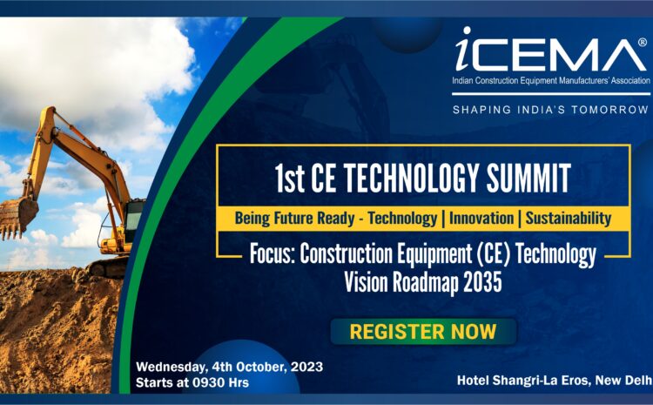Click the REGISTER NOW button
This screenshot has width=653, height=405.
point(423,332)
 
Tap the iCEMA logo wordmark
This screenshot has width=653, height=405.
point(550,50)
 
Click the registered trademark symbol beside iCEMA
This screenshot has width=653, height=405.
point(643,42)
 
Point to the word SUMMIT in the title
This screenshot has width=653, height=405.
point(528,178)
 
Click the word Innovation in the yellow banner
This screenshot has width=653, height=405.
point(481,219)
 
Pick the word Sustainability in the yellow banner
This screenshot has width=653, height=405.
point(568,219)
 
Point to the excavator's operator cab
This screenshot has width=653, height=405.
point(133,223)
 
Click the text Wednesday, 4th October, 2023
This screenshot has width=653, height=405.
point(230,367)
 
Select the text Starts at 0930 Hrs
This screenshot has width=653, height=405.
point(192,382)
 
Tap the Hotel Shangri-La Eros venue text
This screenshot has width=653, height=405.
point(555,381)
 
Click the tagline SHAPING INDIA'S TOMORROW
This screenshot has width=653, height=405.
point(550,110)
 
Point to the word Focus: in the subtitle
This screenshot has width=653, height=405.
point(273,253)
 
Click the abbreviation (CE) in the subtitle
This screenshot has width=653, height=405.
point(492,253)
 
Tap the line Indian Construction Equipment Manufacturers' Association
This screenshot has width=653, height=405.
point(551,80)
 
